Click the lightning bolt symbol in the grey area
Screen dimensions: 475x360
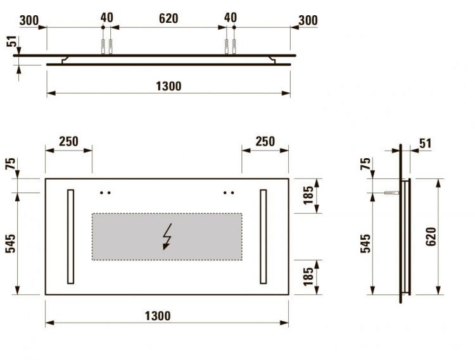tap(167, 237)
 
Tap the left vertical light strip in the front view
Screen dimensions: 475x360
tap(70, 237)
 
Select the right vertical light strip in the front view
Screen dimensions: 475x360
tap(263, 237)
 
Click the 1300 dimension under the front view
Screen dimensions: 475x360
tap(158, 316)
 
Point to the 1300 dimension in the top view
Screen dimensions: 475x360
tap(168, 87)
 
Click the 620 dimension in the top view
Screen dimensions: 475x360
tap(168, 18)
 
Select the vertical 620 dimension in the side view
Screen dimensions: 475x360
tap(431, 237)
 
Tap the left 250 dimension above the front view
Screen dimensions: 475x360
tap(68, 142)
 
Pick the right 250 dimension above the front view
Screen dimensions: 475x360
tap(265, 142)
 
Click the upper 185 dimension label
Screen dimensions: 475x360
tap(308, 196)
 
